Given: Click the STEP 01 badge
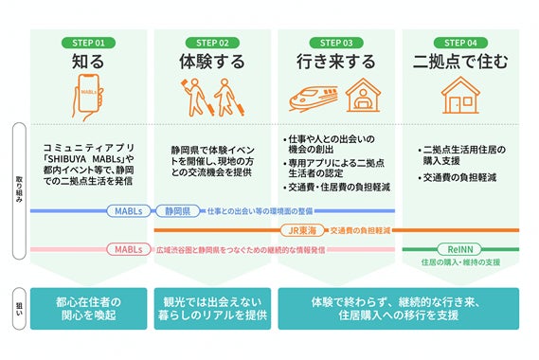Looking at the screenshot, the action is click(88, 43).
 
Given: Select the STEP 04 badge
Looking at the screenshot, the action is click(459, 43).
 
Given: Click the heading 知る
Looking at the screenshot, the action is click(88, 63).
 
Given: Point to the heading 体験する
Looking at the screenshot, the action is click(212, 63).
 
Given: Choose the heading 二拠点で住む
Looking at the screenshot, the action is click(459, 63).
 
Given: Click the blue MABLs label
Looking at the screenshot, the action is click(128, 210).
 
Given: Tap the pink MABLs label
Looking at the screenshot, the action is click(128, 249).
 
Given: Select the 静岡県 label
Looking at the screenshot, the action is click(177, 210).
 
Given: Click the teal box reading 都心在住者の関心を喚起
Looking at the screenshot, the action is click(88, 308).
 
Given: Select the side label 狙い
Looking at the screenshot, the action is click(17, 308).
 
